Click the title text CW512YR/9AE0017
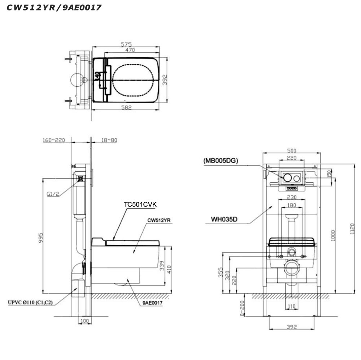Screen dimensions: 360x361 click(54, 7)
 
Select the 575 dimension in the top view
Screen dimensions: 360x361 click(126, 44)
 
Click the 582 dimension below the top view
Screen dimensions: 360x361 click(126, 107)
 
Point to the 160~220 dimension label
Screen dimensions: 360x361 click(54, 140)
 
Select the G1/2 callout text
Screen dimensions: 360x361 click(52, 194)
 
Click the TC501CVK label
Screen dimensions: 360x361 click(140, 204)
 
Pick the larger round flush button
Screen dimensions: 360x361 click(288, 178)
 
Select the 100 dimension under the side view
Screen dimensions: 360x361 click(84, 321)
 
